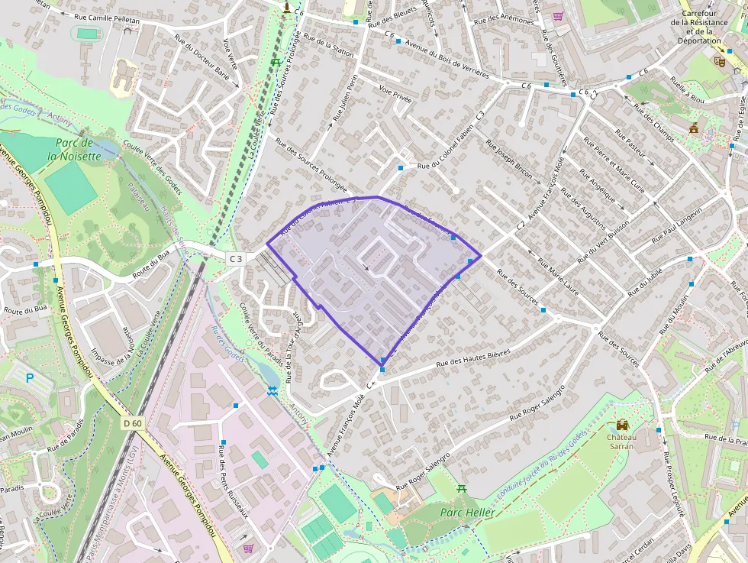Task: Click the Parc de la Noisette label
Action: (74, 149)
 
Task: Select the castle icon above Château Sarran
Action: (623, 425)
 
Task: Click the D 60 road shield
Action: (132, 422)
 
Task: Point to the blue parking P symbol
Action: (31, 377)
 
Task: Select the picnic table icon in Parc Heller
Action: (462, 488)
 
